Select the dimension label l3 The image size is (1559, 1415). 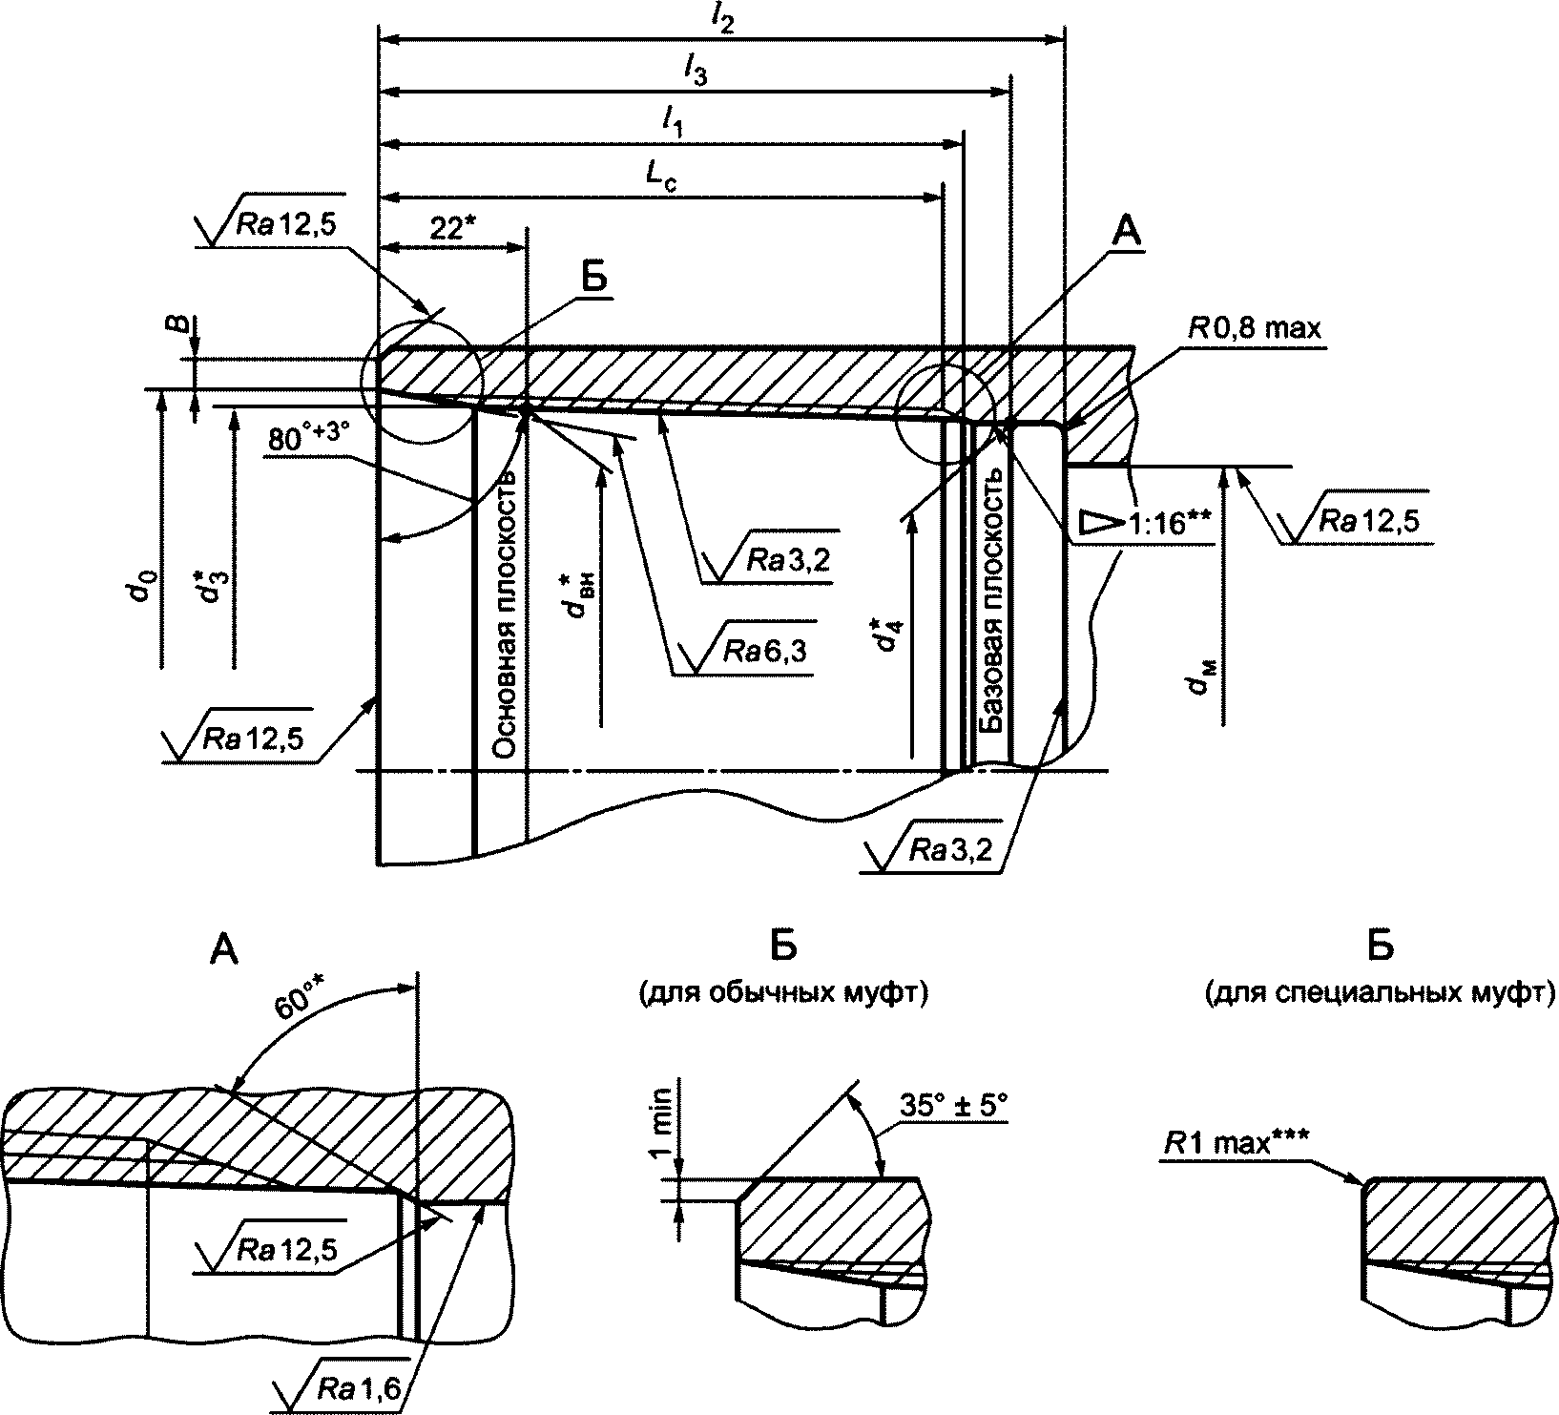[696, 71]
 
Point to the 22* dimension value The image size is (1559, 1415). [452, 229]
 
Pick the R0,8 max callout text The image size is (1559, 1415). [1255, 329]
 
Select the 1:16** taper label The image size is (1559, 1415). [1171, 523]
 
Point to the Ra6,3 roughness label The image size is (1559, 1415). [763, 651]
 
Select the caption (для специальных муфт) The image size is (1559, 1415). [1380, 994]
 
